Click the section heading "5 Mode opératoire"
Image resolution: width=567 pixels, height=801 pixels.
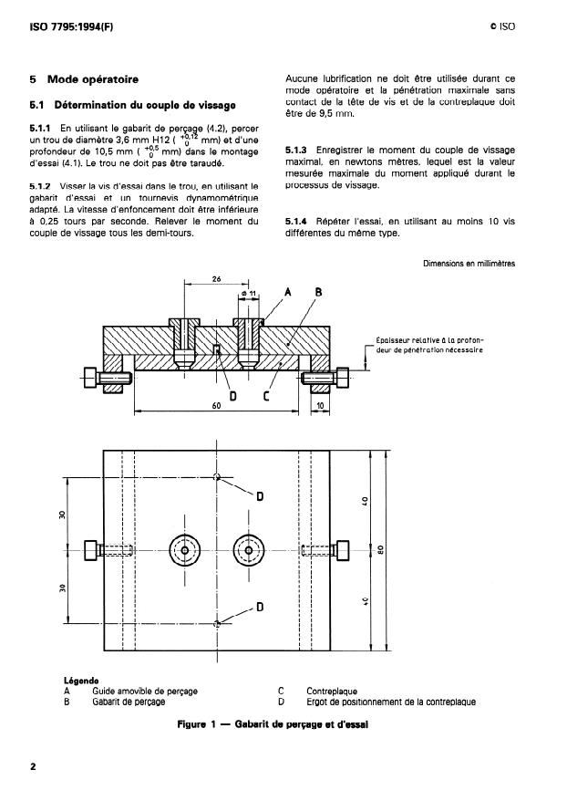pyautogui.click(x=84, y=79)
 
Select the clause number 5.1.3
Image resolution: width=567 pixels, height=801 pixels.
pyautogui.click(x=296, y=151)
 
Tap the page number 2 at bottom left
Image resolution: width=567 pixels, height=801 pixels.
pyautogui.click(x=33, y=766)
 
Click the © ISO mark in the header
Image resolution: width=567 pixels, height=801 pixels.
pyautogui.click(x=502, y=26)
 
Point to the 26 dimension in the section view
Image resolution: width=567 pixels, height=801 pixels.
pyautogui.click(x=216, y=279)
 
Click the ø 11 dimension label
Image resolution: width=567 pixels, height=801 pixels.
pyautogui.click(x=248, y=294)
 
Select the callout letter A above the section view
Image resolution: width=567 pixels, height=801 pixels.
pyautogui.click(x=288, y=292)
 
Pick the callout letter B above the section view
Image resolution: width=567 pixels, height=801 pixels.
pyautogui.click(x=318, y=292)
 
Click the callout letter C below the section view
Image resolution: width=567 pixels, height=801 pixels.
pyautogui.click(x=266, y=395)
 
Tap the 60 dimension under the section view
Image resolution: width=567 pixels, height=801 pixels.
pyautogui.click(x=216, y=405)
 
